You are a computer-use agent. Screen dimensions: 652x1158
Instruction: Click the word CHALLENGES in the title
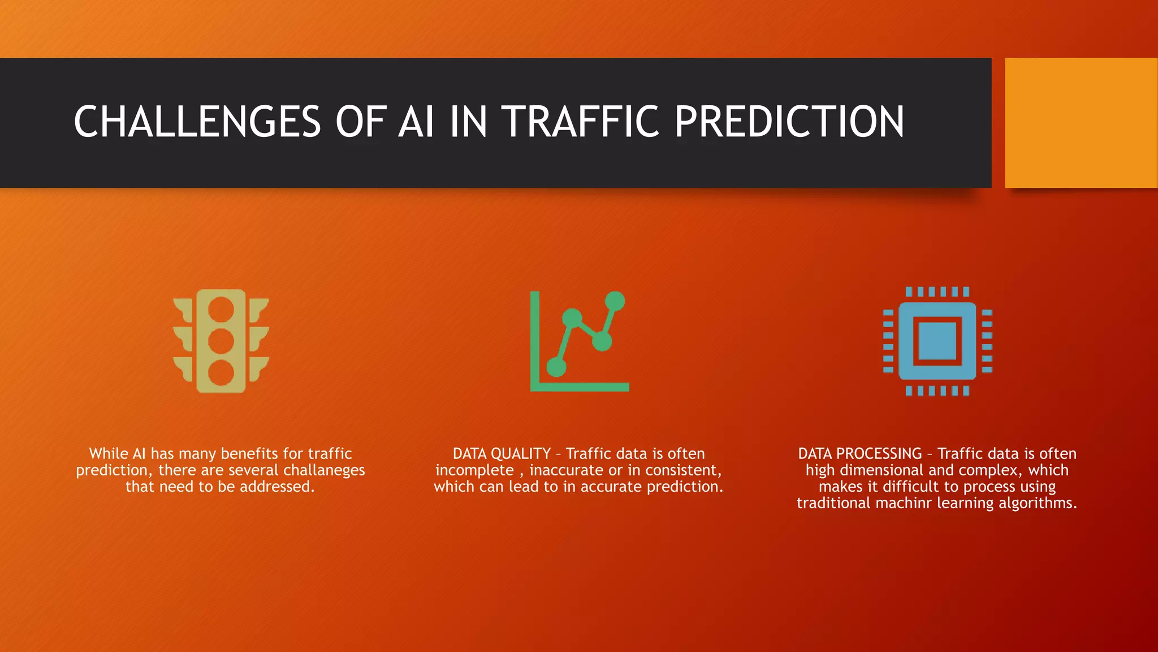pos(197,122)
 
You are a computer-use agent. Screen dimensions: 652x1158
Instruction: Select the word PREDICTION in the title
pos(789,122)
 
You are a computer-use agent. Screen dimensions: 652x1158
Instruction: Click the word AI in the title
pos(416,122)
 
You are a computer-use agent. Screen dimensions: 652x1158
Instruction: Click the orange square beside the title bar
pos(1081,123)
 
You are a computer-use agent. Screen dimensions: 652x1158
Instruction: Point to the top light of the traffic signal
pos(221,310)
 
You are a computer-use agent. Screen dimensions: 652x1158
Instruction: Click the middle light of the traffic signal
pos(221,341)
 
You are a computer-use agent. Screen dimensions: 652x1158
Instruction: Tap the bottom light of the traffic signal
pos(221,373)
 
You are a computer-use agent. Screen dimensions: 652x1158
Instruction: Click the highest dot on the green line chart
pos(615,301)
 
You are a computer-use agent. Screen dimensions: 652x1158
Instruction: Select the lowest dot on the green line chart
pos(556,367)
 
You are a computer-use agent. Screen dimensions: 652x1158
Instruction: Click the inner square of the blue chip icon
pos(937,341)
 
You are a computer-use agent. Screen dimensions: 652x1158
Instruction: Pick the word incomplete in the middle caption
pos(474,470)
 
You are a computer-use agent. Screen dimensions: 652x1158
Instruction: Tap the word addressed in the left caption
pos(276,487)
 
